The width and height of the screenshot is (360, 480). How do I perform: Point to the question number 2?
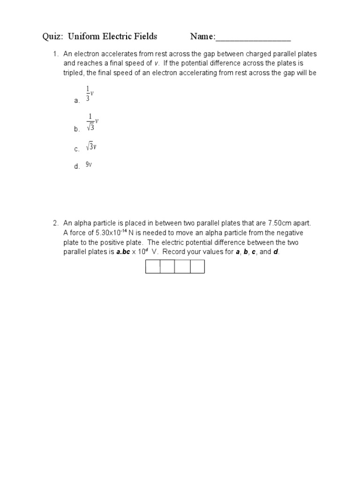coord(55,224)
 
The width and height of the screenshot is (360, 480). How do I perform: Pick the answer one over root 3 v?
coord(92,122)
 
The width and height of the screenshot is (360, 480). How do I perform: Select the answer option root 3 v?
coord(91,147)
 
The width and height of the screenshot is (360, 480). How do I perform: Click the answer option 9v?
coord(89,165)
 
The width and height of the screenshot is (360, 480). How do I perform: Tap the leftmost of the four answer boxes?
coord(153,266)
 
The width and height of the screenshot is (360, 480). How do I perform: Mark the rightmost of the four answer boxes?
coord(197,266)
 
